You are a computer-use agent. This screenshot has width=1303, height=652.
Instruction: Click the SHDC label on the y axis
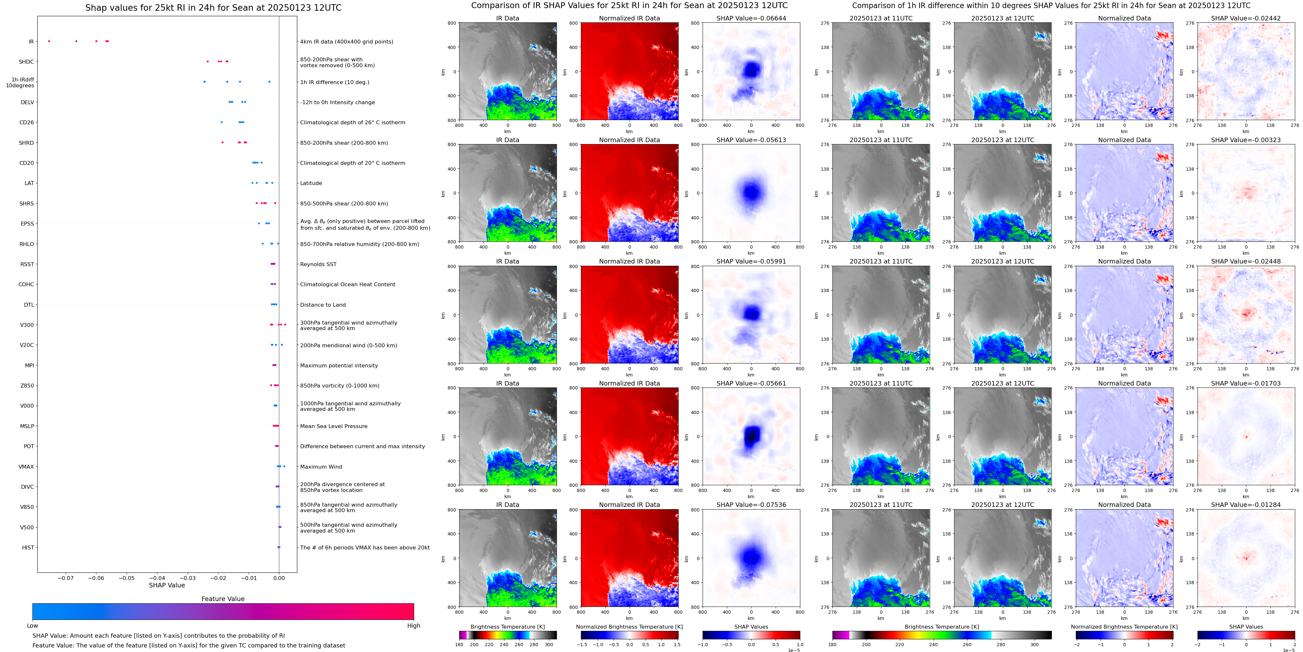[x=26, y=62]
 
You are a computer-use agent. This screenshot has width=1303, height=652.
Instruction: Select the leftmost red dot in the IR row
[x=49, y=41]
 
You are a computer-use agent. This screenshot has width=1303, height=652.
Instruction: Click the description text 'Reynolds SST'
[x=318, y=264]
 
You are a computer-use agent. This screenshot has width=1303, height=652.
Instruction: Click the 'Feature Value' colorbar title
[x=223, y=599]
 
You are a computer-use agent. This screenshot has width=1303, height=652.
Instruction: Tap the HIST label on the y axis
[x=28, y=547]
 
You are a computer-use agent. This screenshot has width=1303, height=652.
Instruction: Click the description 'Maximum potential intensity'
[x=339, y=365]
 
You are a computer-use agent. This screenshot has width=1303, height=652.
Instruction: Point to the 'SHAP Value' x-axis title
[x=167, y=585]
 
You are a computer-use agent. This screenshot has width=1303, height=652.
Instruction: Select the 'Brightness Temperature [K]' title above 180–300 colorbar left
[x=507, y=627]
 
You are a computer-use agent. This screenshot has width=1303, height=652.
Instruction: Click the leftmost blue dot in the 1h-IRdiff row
[x=204, y=81]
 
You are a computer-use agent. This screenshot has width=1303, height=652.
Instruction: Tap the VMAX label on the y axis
[x=26, y=466]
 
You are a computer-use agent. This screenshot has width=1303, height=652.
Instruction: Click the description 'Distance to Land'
[x=323, y=304]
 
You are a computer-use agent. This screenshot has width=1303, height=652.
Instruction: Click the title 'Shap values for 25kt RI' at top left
[x=213, y=7]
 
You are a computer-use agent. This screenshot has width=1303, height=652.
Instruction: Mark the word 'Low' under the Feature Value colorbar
[x=32, y=626]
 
